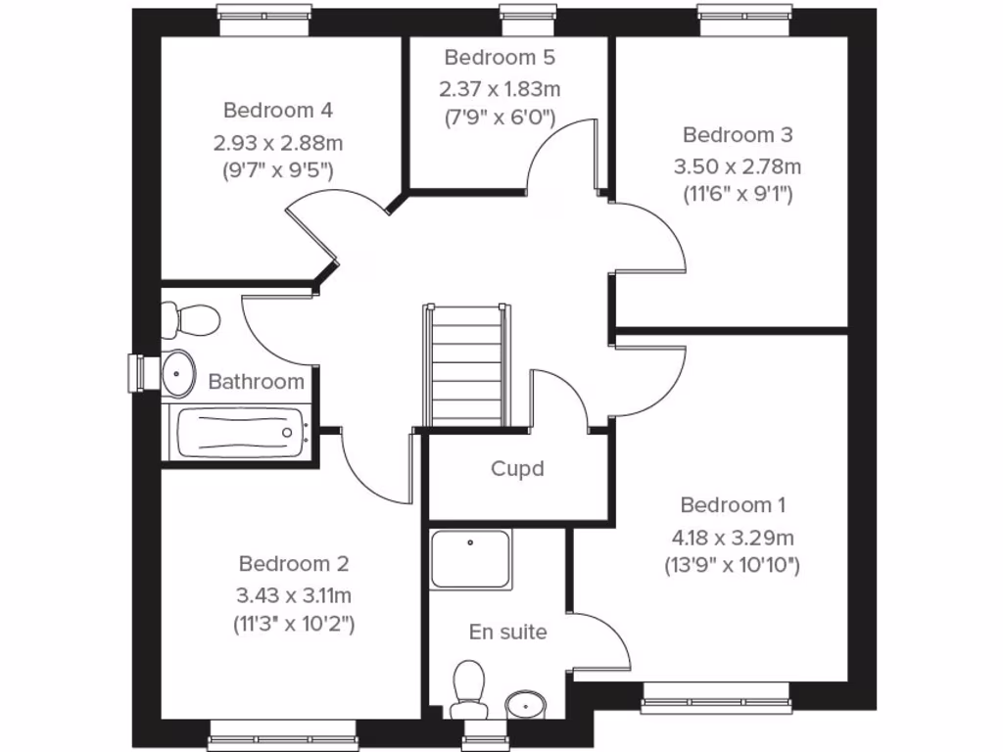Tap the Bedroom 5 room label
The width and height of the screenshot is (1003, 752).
click(499, 57)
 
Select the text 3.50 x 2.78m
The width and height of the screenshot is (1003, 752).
click(737, 166)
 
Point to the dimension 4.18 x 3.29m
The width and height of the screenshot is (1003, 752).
click(733, 538)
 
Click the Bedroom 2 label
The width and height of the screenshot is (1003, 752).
click(294, 564)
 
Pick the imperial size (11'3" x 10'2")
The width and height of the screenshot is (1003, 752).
click(294, 623)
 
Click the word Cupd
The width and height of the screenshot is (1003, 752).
click(517, 469)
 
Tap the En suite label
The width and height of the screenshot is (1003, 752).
click(507, 633)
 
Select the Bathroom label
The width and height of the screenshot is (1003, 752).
click(257, 381)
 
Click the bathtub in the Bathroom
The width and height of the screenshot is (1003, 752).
click(238, 433)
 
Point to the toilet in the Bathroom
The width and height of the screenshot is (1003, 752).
click(190, 319)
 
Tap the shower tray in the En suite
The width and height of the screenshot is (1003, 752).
click(471, 560)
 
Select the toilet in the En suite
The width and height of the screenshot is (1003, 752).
click(469, 684)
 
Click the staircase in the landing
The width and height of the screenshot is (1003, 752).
click(467, 366)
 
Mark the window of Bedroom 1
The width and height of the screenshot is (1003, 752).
click(716, 695)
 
